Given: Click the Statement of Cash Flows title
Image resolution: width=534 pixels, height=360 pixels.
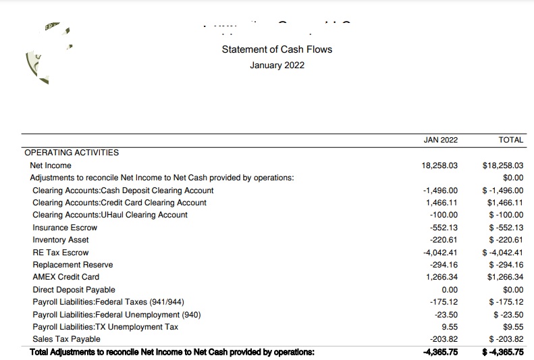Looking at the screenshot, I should click(x=277, y=49).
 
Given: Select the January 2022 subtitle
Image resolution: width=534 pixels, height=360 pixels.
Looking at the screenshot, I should click(x=277, y=66).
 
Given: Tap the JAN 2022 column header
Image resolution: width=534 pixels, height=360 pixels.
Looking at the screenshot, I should click(x=440, y=140).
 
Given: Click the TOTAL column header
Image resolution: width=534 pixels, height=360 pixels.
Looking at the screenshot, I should click(x=510, y=140).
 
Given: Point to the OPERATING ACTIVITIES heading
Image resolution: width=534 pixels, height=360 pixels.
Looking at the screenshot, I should click(x=72, y=153).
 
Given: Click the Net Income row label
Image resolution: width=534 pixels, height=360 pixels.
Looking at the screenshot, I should click(x=51, y=165).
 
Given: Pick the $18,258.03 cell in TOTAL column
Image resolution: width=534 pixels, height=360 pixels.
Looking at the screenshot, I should click(x=504, y=165).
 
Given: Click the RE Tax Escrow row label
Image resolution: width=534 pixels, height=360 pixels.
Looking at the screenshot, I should click(x=61, y=253).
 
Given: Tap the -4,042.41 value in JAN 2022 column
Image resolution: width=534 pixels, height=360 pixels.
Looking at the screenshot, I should click(x=440, y=253).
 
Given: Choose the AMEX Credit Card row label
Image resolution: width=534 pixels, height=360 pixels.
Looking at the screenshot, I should click(x=66, y=277).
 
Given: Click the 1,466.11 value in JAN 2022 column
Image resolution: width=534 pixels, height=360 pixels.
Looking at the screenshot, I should click(x=442, y=203).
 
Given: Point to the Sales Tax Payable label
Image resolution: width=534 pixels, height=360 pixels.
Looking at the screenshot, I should click(x=66, y=339).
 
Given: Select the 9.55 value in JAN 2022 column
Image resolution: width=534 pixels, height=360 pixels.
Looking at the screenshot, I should click(x=448, y=327).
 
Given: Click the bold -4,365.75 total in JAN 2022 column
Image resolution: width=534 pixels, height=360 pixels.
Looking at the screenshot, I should click(x=440, y=352).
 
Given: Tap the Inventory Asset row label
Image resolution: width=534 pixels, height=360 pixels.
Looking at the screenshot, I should click(x=61, y=240).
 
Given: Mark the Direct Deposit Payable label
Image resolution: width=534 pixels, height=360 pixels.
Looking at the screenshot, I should click(x=74, y=290).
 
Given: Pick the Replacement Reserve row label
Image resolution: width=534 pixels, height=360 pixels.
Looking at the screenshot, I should click(x=73, y=265).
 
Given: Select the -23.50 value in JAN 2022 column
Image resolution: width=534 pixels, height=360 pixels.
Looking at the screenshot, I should click(x=446, y=315).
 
